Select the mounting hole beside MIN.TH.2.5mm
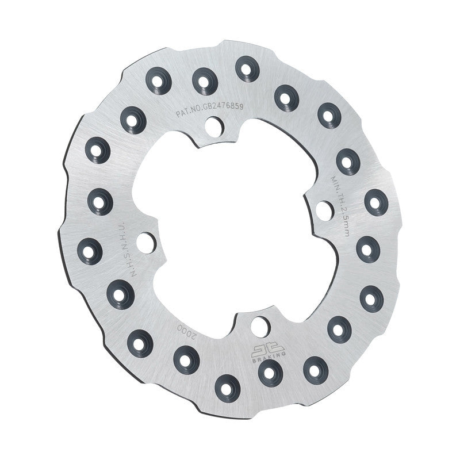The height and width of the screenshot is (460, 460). tap(324, 210)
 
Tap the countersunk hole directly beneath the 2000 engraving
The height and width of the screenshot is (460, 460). tap(185, 361)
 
